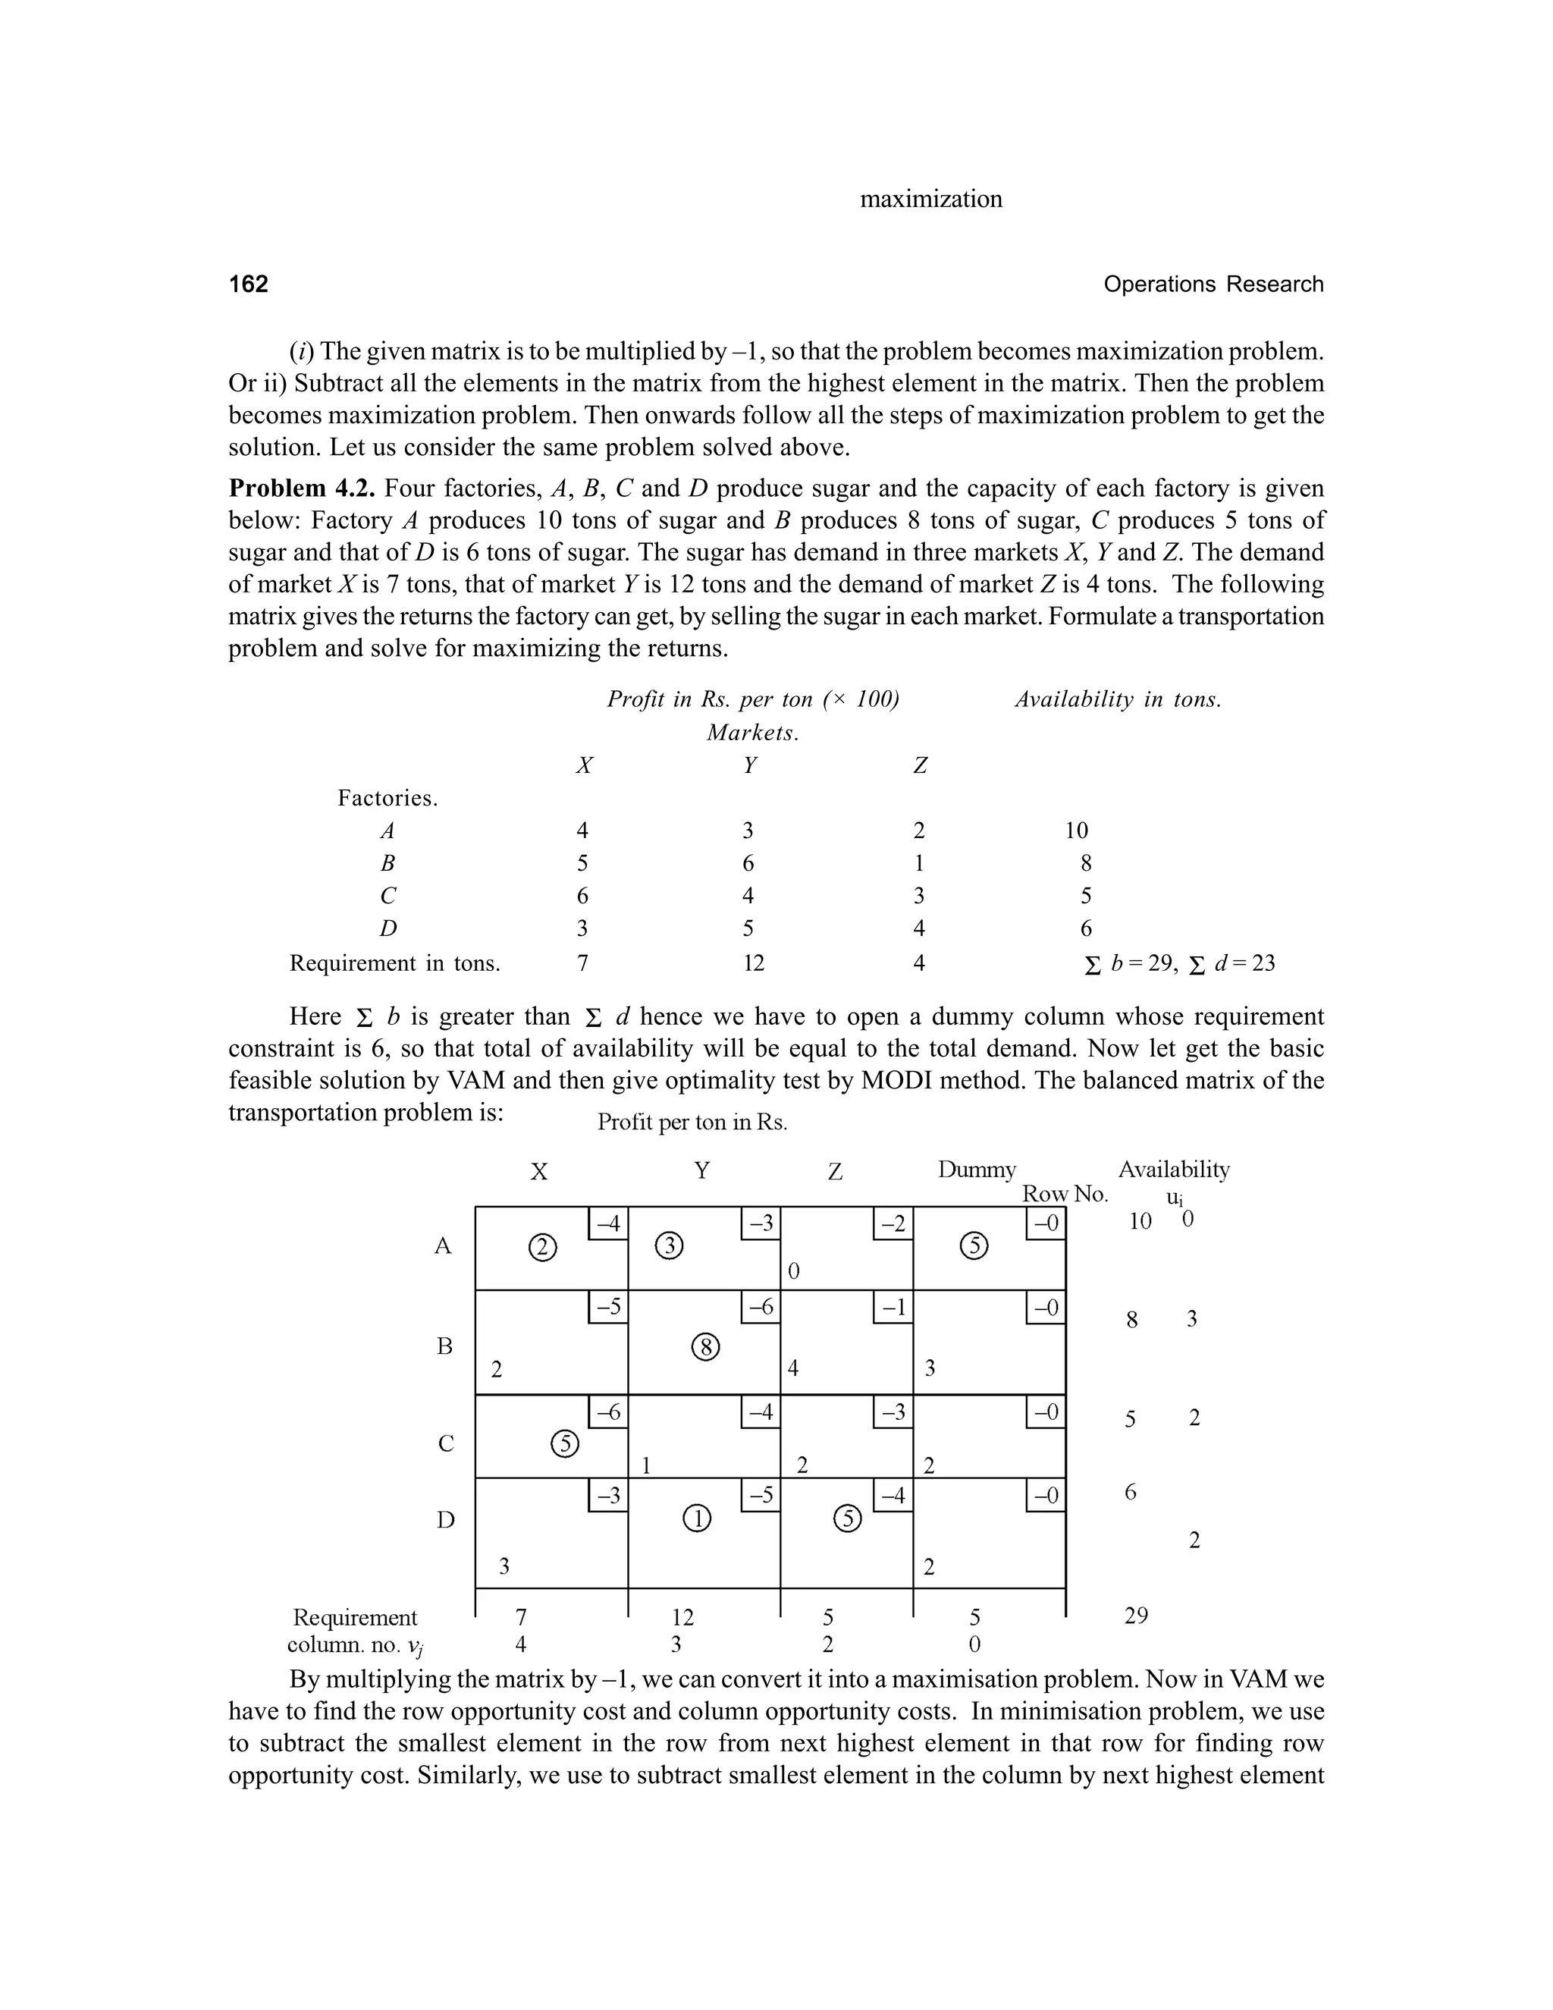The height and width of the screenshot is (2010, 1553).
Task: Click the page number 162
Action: click(249, 284)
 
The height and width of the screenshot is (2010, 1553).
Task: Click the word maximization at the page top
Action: click(930, 199)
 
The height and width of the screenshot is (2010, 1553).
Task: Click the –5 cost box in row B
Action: click(607, 1307)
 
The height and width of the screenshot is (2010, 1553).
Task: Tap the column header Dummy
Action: click(976, 1170)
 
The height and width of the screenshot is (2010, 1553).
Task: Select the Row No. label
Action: click(1065, 1194)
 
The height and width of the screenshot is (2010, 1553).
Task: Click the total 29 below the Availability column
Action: click(1136, 1616)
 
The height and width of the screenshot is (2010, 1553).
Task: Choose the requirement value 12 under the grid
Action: click(682, 1617)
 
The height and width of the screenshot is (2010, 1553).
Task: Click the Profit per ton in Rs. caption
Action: click(692, 1122)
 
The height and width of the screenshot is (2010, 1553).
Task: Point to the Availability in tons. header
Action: click(1118, 699)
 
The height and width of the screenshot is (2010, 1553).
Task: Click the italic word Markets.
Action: click(752, 733)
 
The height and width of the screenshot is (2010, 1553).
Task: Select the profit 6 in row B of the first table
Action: click(748, 863)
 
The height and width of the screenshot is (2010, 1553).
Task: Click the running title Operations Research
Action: click(1213, 284)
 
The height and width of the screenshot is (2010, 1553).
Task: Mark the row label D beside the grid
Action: click(445, 1520)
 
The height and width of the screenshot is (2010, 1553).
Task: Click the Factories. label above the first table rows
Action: click(387, 798)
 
